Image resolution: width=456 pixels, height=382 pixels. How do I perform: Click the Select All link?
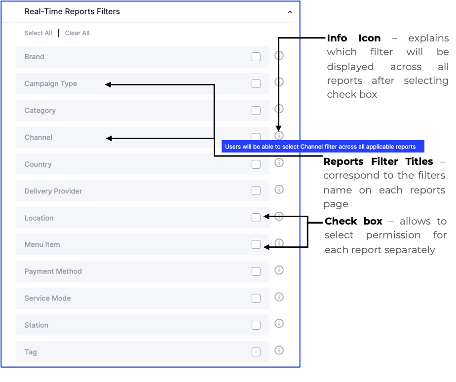(x=38, y=33)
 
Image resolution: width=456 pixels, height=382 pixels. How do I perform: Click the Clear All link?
(x=77, y=33)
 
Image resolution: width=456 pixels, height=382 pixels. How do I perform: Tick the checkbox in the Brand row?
(x=256, y=57)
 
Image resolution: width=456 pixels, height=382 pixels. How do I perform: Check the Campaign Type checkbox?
(x=256, y=84)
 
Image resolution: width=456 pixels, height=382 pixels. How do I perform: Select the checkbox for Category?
(x=256, y=111)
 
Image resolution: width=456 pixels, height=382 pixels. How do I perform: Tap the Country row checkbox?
(x=256, y=164)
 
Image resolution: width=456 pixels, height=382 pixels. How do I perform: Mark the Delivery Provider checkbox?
(x=256, y=191)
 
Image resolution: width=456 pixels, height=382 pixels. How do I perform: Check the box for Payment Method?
(x=256, y=271)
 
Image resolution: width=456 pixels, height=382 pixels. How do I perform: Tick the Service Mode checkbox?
(x=256, y=298)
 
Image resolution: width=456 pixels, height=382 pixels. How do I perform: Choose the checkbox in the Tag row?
(x=256, y=352)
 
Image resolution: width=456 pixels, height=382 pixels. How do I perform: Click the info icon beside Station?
(x=279, y=324)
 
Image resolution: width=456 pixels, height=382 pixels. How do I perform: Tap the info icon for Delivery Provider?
(x=279, y=190)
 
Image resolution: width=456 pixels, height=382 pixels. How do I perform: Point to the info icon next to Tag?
(x=279, y=350)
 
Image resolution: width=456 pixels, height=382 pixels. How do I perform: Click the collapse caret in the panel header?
(x=290, y=12)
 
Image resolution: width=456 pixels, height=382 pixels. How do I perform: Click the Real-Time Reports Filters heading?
(x=72, y=12)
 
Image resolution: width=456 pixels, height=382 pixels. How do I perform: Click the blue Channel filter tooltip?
(x=323, y=147)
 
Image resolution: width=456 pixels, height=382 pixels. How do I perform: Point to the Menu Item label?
(x=42, y=245)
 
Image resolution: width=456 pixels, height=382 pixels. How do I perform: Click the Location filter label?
(x=39, y=218)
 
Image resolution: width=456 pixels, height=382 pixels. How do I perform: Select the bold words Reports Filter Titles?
(x=378, y=161)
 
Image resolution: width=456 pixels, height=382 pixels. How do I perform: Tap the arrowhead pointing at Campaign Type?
(x=108, y=85)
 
